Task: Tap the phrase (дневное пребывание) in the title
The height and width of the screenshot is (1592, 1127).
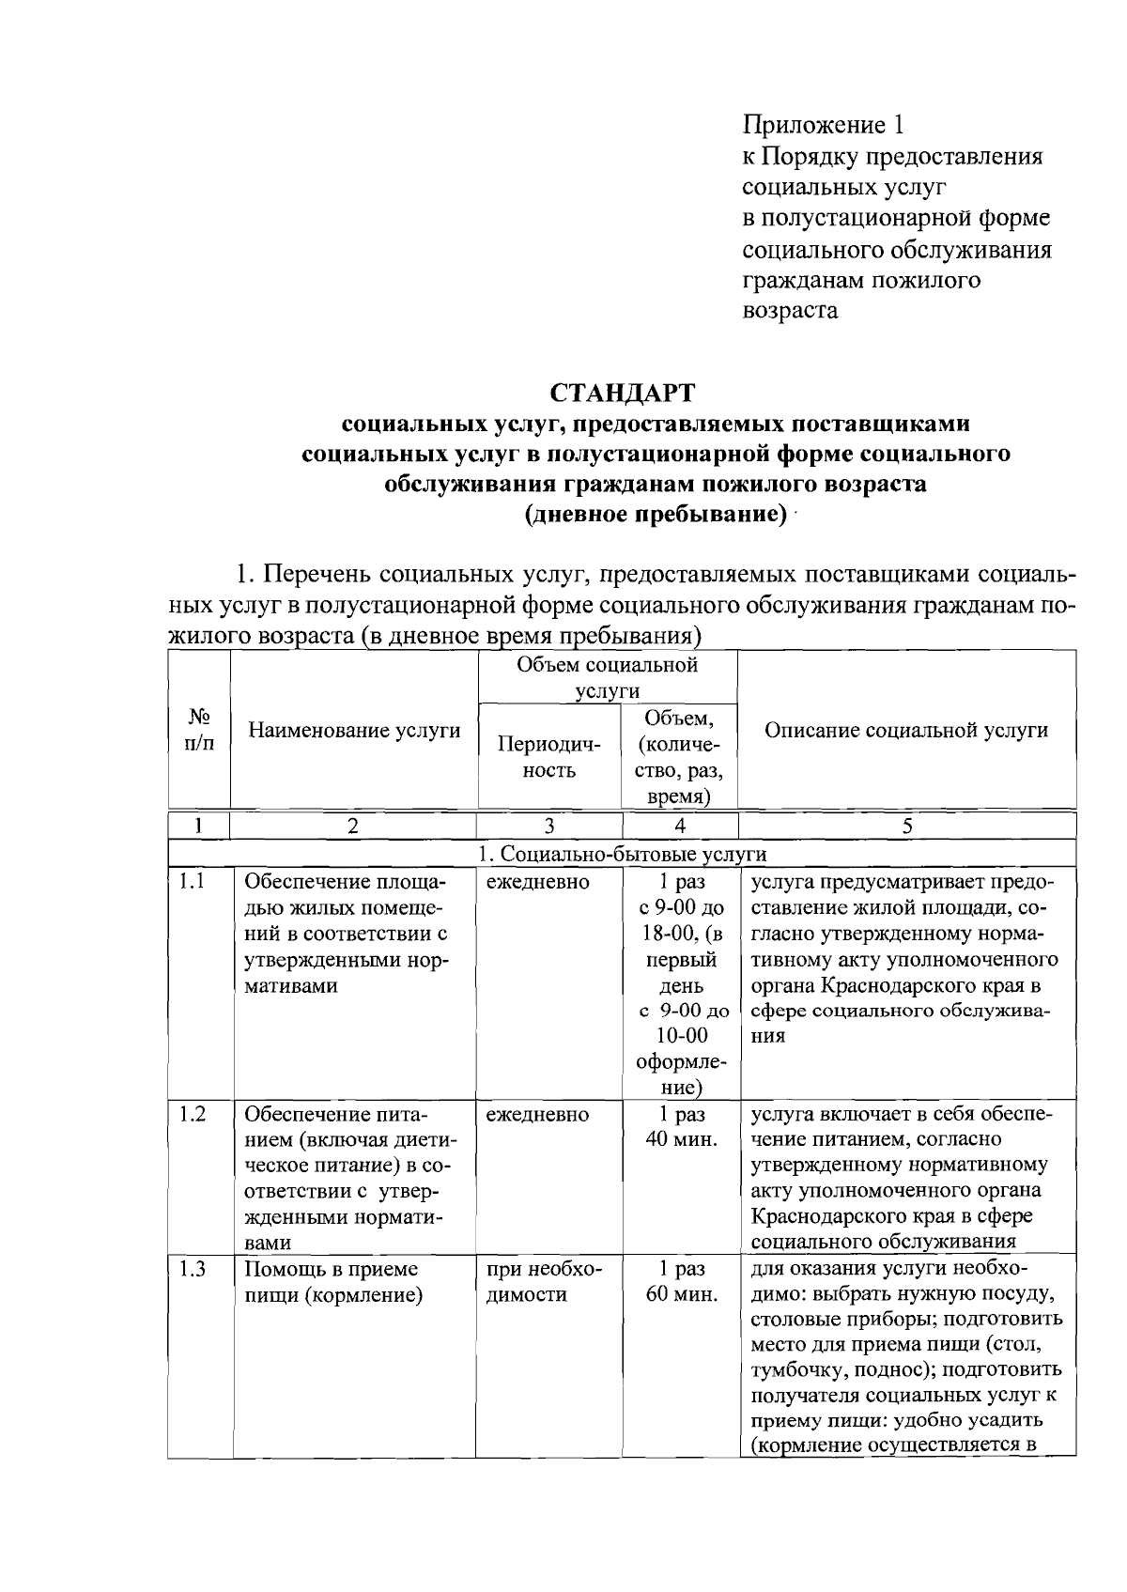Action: (655, 516)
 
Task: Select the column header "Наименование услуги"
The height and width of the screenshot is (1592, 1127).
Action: (354, 731)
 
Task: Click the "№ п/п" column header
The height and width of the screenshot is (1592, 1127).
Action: (198, 730)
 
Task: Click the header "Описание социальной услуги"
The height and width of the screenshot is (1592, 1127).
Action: (906, 731)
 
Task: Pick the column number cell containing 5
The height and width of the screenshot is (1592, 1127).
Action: (906, 826)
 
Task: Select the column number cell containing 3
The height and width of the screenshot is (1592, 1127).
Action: (548, 826)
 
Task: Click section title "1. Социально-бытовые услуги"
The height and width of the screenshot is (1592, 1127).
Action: (622, 854)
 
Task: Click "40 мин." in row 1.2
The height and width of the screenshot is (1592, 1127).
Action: (681, 1140)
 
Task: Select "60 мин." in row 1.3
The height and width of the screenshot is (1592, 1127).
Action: (681, 1295)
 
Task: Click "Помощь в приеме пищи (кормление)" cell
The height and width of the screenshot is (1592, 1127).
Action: (332, 1282)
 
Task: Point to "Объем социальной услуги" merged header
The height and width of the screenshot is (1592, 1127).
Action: (607, 678)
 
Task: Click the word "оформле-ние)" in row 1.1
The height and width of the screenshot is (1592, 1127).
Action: (680, 1075)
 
